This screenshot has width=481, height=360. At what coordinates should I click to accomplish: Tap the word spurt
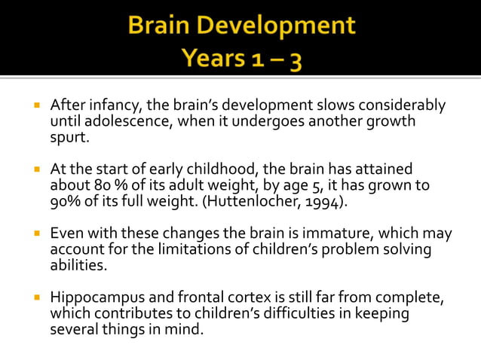tap(69, 138)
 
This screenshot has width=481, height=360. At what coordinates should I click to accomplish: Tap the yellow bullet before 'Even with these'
tap(35, 233)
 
